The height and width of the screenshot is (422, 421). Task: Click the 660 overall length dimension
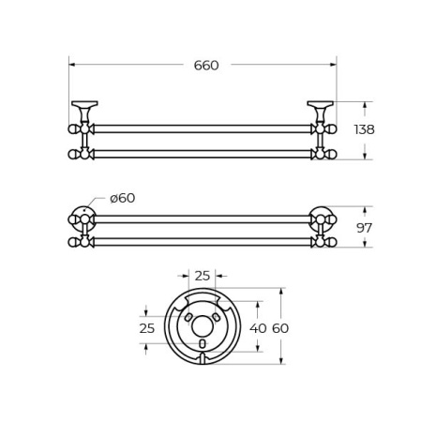(x=205, y=65)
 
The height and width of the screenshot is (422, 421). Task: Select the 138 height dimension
(x=364, y=129)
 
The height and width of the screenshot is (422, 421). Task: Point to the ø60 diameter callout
(x=122, y=198)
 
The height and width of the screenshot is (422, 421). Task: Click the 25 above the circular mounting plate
(x=203, y=275)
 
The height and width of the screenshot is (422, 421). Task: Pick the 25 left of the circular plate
(x=146, y=328)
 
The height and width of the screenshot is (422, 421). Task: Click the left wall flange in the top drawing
(x=84, y=105)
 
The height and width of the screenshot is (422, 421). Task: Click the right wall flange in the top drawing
(x=321, y=105)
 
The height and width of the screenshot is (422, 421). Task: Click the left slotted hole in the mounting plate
(x=189, y=319)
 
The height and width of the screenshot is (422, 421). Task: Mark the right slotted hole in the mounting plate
(x=216, y=319)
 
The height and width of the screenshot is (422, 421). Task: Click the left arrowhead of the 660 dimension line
(x=72, y=65)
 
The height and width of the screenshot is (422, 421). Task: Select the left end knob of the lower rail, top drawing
(x=73, y=154)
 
